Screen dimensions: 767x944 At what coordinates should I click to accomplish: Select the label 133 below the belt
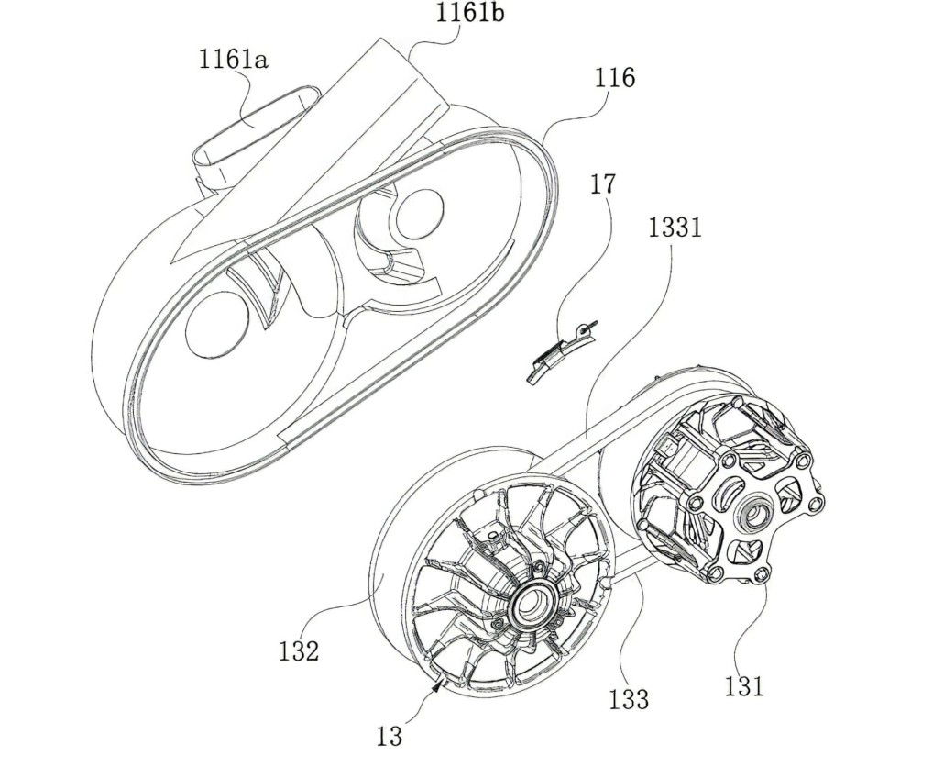pyautogui.click(x=628, y=698)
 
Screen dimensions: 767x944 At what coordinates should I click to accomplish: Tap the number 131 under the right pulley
pyautogui.click(x=743, y=684)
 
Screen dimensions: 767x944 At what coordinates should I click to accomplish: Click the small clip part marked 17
pyautogui.click(x=557, y=353)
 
